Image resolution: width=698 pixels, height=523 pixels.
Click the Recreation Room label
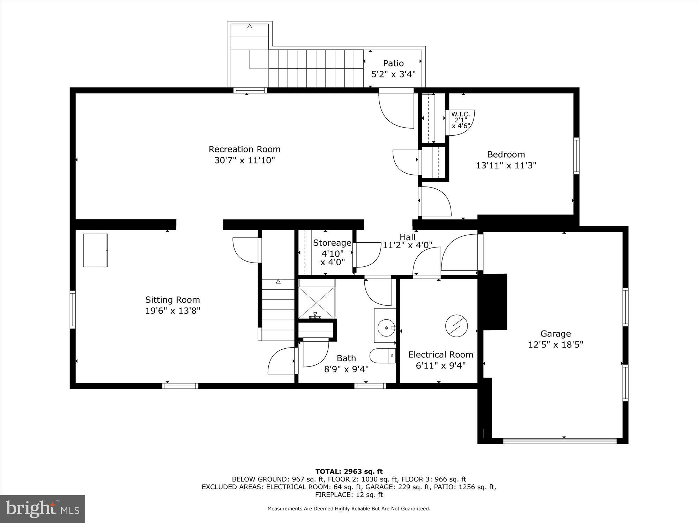(x=244, y=149)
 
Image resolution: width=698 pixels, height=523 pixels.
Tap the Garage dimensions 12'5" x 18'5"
(x=556, y=345)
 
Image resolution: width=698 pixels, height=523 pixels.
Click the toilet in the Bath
(x=383, y=356)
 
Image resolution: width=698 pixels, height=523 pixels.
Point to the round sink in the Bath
(x=386, y=327)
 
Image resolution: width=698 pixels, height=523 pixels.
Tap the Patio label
(x=393, y=63)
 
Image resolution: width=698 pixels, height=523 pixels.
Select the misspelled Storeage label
(x=332, y=243)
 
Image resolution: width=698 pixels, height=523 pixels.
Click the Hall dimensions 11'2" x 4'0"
(x=408, y=245)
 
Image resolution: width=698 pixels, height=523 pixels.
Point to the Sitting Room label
(x=172, y=300)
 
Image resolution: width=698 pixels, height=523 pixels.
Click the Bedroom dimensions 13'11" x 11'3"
(x=506, y=165)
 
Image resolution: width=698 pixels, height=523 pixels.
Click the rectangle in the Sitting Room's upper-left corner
(x=95, y=250)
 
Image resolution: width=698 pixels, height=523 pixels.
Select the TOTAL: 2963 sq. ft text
(x=349, y=472)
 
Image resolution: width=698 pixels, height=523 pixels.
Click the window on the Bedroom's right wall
(x=576, y=156)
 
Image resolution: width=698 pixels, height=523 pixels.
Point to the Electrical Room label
(x=440, y=355)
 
